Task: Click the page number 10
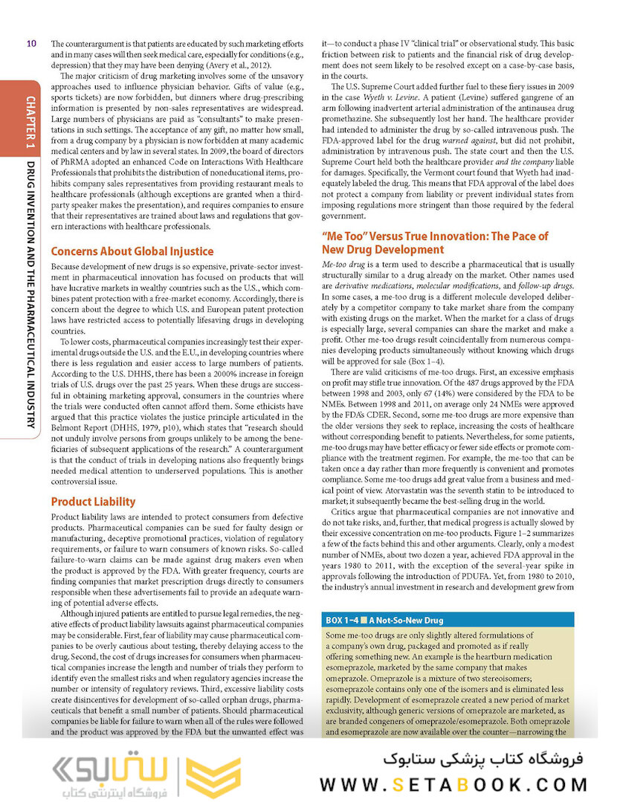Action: click(x=30, y=43)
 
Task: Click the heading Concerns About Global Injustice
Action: click(x=132, y=250)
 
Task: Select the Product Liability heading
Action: click(x=93, y=502)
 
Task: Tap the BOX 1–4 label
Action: click(x=352, y=619)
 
